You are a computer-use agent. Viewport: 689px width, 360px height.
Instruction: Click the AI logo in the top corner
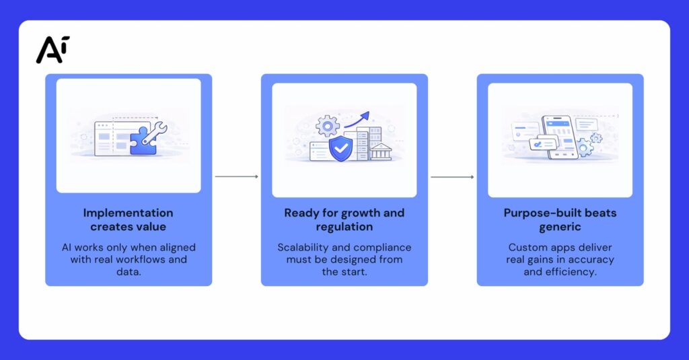click(x=52, y=49)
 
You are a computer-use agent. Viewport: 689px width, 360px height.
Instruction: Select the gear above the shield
click(x=328, y=125)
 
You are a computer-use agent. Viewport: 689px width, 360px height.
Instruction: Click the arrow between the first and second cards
click(x=236, y=177)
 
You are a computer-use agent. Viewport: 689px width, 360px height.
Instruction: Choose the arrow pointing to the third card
click(x=452, y=177)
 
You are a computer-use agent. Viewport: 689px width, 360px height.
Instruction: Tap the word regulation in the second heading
click(x=344, y=227)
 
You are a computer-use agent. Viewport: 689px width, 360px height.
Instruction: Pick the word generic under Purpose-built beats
click(x=560, y=227)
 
